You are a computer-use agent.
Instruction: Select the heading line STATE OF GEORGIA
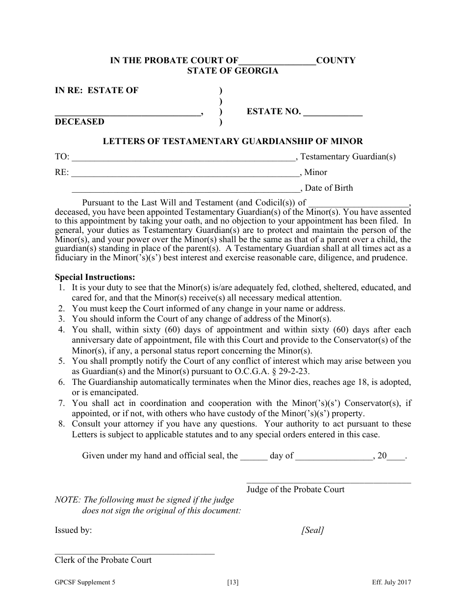point(233,71)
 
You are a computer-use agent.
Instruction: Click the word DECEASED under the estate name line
point(79,122)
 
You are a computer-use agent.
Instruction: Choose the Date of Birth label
point(329,188)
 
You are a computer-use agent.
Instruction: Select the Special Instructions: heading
point(95,277)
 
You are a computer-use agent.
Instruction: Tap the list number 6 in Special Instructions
point(62,382)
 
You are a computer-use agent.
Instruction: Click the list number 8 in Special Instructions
point(62,424)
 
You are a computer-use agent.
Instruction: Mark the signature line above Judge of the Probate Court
point(329,483)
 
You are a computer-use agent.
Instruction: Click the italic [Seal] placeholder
point(312,530)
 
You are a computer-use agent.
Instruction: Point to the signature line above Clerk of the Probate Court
point(134,553)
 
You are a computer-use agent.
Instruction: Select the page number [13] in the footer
point(233,582)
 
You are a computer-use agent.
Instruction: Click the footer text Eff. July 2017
point(391,582)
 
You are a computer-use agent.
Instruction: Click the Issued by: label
point(73,530)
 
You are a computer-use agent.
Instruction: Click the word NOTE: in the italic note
point(68,500)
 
